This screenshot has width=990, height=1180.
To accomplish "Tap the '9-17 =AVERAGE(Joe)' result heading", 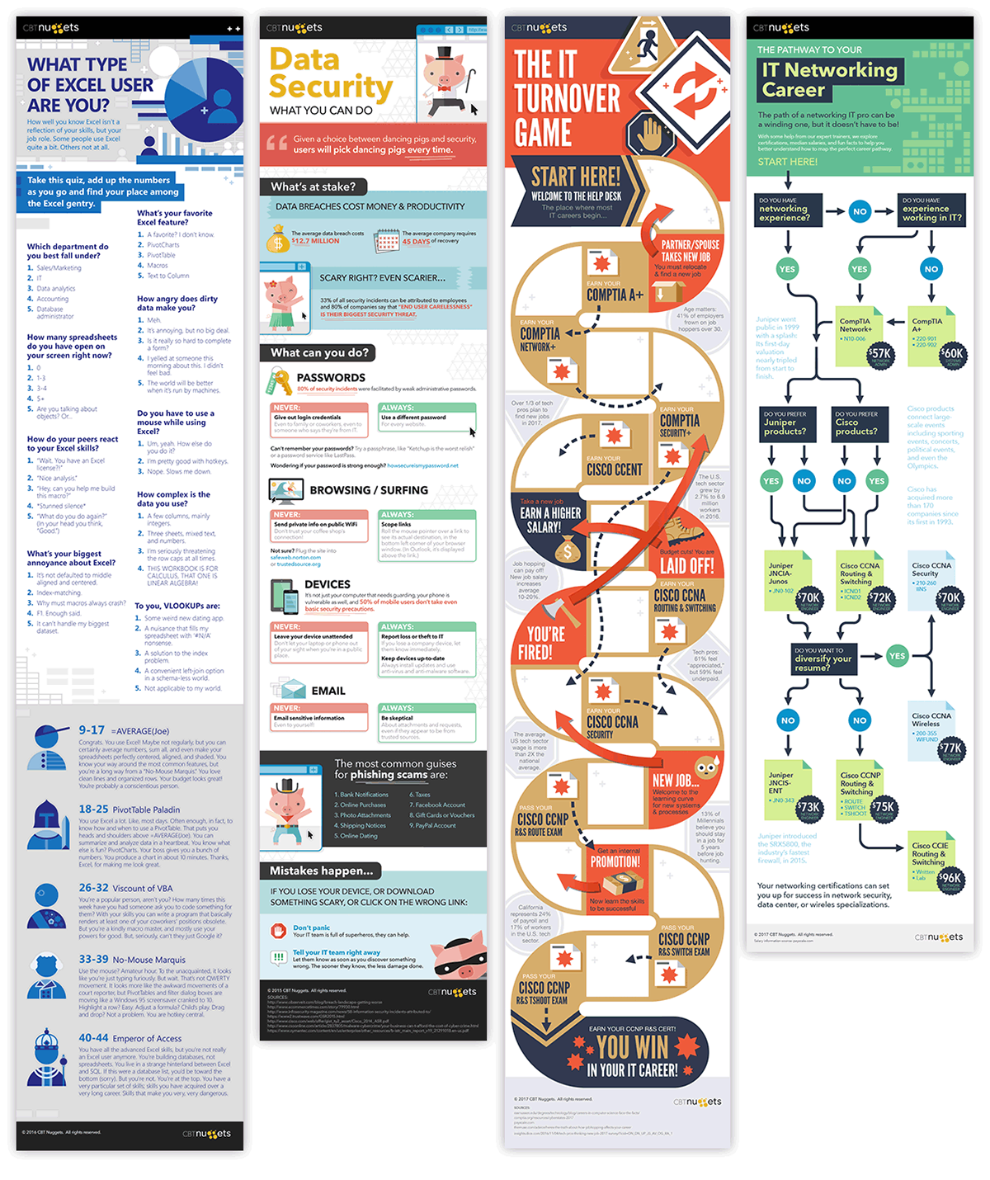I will [x=124, y=730].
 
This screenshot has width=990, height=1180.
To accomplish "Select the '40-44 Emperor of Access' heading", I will [x=130, y=1037].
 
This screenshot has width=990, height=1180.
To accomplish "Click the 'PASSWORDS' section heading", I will [x=331, y=377].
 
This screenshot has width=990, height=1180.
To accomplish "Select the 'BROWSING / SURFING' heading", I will [x=369, y=490].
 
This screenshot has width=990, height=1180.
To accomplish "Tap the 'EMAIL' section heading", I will [x=328, y=691].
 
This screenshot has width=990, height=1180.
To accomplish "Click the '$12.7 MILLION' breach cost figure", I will [x=315, y=241].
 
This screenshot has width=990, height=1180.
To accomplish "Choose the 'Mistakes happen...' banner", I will [x=322, y=871].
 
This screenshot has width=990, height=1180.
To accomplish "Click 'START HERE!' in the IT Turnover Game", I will [x=575, y=177].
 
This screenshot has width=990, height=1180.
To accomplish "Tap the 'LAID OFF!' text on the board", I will [x=686, y=566].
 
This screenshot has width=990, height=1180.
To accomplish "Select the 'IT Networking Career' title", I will [x=828, y=80].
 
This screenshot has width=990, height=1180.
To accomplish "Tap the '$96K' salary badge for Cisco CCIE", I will [x=950, y=878].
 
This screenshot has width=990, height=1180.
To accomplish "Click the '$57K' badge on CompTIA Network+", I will [x=879, y=353].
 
